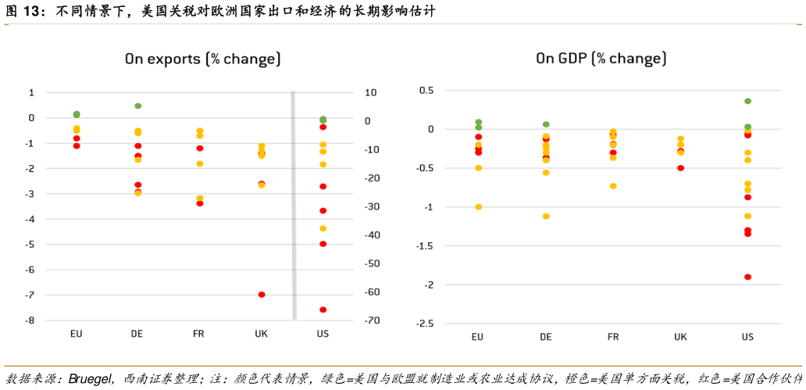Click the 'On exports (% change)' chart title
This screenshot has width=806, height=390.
[x=203, y=59]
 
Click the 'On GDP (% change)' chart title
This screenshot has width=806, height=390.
[x=601, y=59]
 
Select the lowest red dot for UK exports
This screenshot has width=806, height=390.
[x=262, y=295]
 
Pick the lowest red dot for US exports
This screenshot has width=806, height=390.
[x=323, y=309]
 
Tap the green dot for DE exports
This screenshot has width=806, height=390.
[x=137, y=106]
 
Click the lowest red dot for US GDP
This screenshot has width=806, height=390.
[x=747, y=277]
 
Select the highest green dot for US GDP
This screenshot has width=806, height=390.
[x=747, y=101]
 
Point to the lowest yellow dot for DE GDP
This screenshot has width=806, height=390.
[x=546, y=216]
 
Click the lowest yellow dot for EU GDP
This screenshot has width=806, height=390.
[x=478, y=207]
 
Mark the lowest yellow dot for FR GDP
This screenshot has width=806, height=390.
[x=613, y=186]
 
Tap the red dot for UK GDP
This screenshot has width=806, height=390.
[x=680, y=168]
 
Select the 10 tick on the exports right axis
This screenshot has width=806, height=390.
[x=370, y=92]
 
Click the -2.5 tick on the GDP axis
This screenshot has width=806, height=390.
[x=425, y=324]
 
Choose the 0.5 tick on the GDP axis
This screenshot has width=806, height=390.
[x=426, y=90]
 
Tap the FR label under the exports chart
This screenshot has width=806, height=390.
[x=198, y=334]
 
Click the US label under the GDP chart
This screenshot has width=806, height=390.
[x=747, y=337]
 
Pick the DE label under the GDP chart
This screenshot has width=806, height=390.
[x=546, y=337]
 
